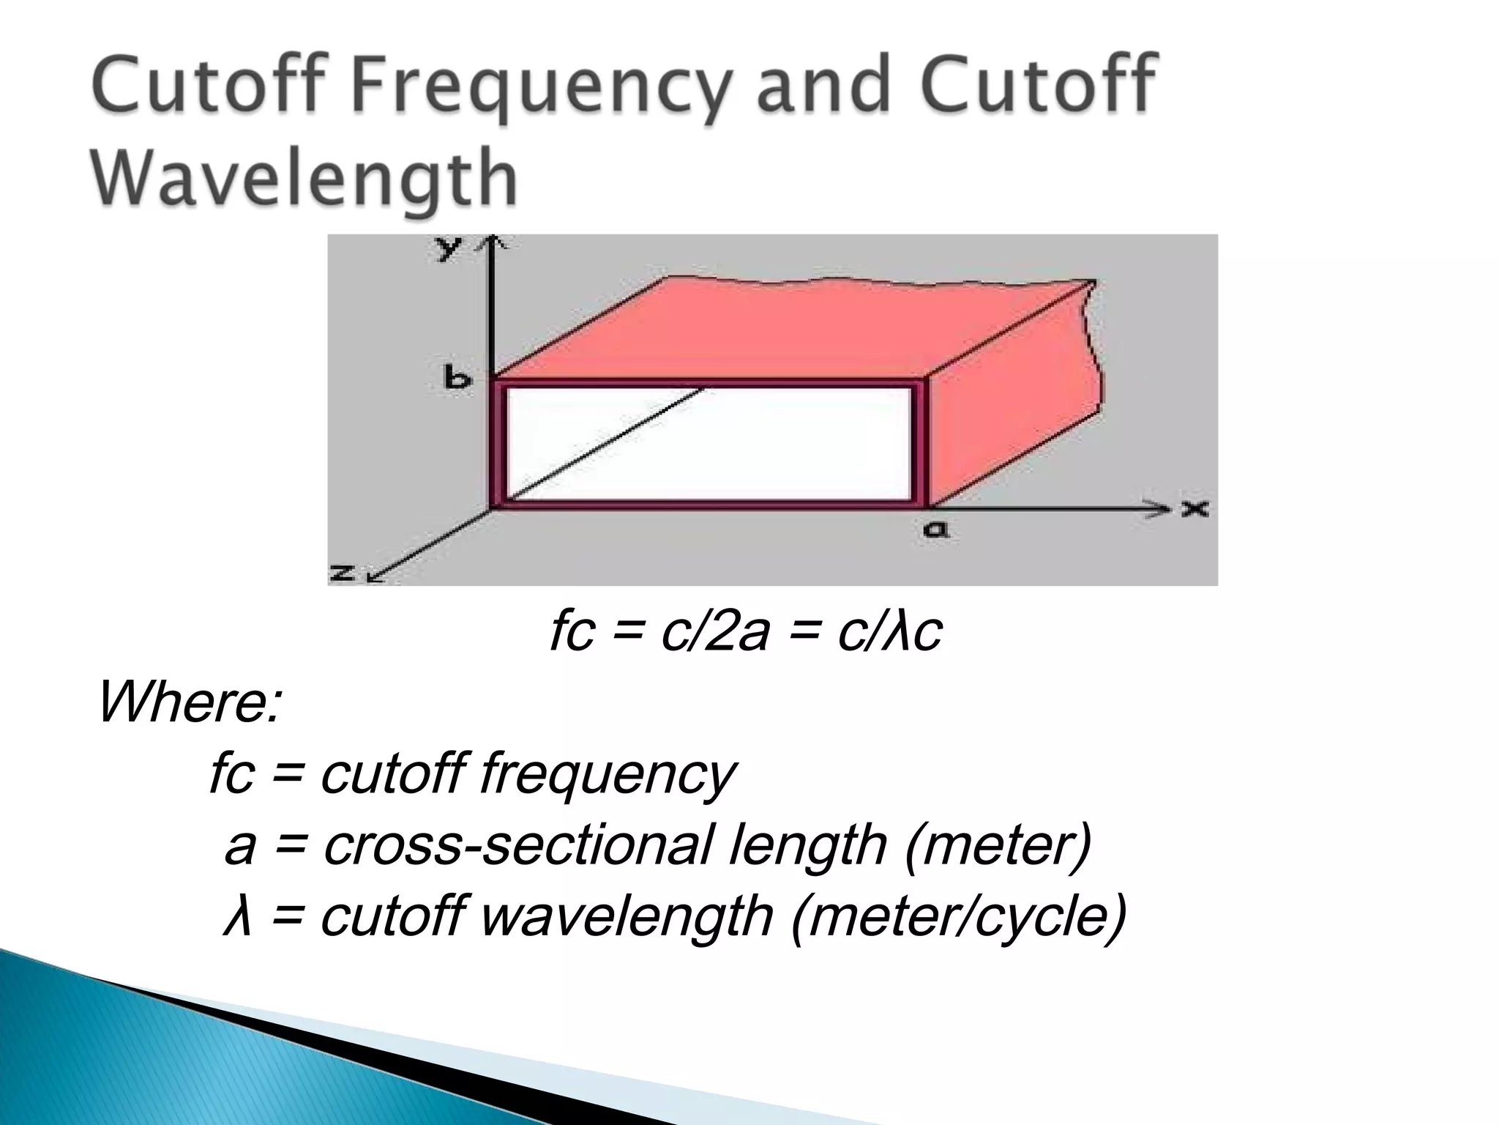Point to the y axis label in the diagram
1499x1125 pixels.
[447, 249]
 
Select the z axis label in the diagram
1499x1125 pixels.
[342, 573]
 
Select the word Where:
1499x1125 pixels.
[189, 702]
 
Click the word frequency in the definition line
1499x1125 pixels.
[607, 774]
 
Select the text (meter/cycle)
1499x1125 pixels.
[958, 916]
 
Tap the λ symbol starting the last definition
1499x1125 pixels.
[237, 916]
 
